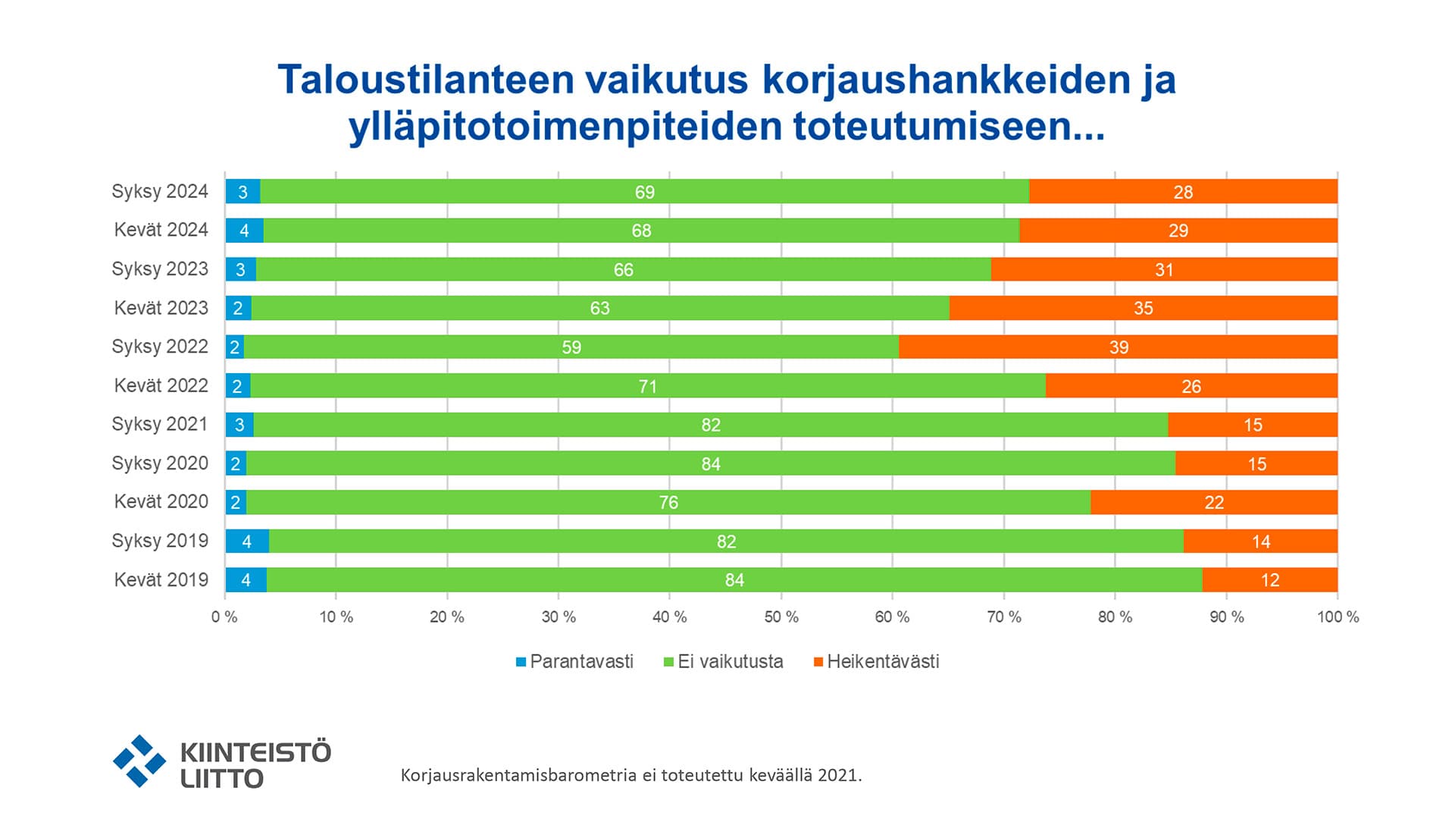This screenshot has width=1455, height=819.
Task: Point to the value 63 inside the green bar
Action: tap(599, 308)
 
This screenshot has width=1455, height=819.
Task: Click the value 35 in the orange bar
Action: tap(1143, 308)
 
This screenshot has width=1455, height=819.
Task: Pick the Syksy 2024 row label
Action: tap(159, 191)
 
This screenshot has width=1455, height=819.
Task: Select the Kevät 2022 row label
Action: tap(161, 385)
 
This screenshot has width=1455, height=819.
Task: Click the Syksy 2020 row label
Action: tap(159, 463)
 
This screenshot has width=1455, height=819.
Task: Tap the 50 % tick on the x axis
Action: tap(781, 617)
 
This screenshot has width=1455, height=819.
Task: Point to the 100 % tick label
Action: tap(1338, 617)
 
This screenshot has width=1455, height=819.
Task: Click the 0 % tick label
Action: tap(224, 617)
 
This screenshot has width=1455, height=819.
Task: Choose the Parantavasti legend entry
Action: tap(580, 661)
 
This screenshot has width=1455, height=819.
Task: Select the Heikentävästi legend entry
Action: tap(882, 661)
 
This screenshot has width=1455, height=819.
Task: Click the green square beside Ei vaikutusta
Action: tap(668, 662)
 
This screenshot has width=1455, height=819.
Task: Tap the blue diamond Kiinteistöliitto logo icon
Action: tap(139, 761)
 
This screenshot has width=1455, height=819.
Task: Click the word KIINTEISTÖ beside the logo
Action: tap(255, 752)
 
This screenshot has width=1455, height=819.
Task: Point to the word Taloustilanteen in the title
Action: tap(425, 80)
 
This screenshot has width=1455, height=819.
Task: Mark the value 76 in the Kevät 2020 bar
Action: tap(668, 502)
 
